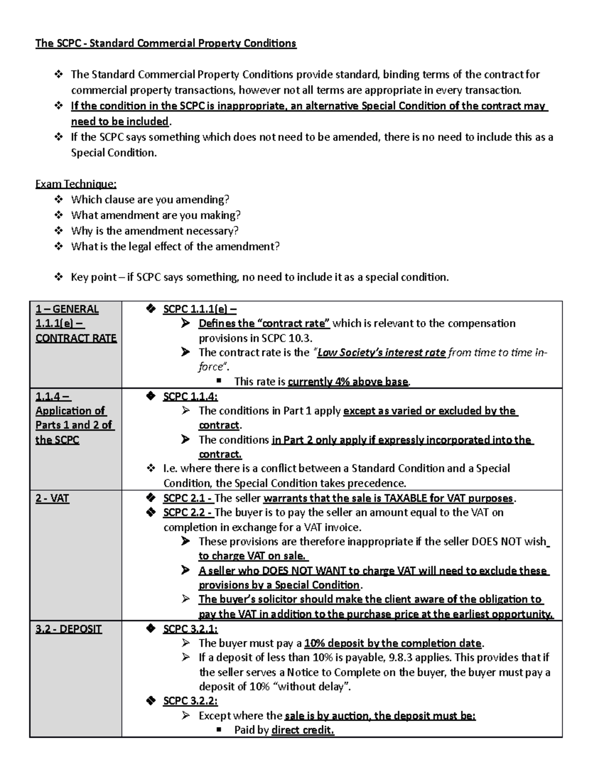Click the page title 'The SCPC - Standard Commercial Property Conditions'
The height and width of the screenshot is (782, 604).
click(x=166, y=43)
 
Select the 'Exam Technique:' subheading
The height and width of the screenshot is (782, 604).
click(x=75, y=184)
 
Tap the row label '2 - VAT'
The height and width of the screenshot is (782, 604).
click(x=52, y=499)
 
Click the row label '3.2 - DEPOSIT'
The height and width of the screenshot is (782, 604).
click(x=68, y=629)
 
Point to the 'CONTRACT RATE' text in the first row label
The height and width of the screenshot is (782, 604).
click(x=76, y=338)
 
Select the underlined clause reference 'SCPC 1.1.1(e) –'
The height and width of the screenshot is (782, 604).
click(x=200, y=309)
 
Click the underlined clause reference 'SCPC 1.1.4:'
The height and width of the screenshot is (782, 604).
click(x=190, y=397)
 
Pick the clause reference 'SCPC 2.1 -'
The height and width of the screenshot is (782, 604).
click(x=188, y=499)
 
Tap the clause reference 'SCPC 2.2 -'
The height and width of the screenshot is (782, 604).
click(x=188, y=513)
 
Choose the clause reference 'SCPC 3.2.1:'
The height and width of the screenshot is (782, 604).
click(x=190, y=629)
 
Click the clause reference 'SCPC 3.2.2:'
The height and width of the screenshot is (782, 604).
click(x=190, y=701)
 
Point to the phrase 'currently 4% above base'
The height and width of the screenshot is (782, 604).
click(x=348, y=382)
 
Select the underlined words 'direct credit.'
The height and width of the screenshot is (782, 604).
click(x=303, y=730)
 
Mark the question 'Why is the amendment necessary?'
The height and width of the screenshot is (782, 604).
click(x=155, y=231)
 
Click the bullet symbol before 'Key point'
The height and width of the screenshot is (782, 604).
click(x=58, y=277)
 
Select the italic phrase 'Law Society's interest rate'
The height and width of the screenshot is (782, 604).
click(x=381, y=352)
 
